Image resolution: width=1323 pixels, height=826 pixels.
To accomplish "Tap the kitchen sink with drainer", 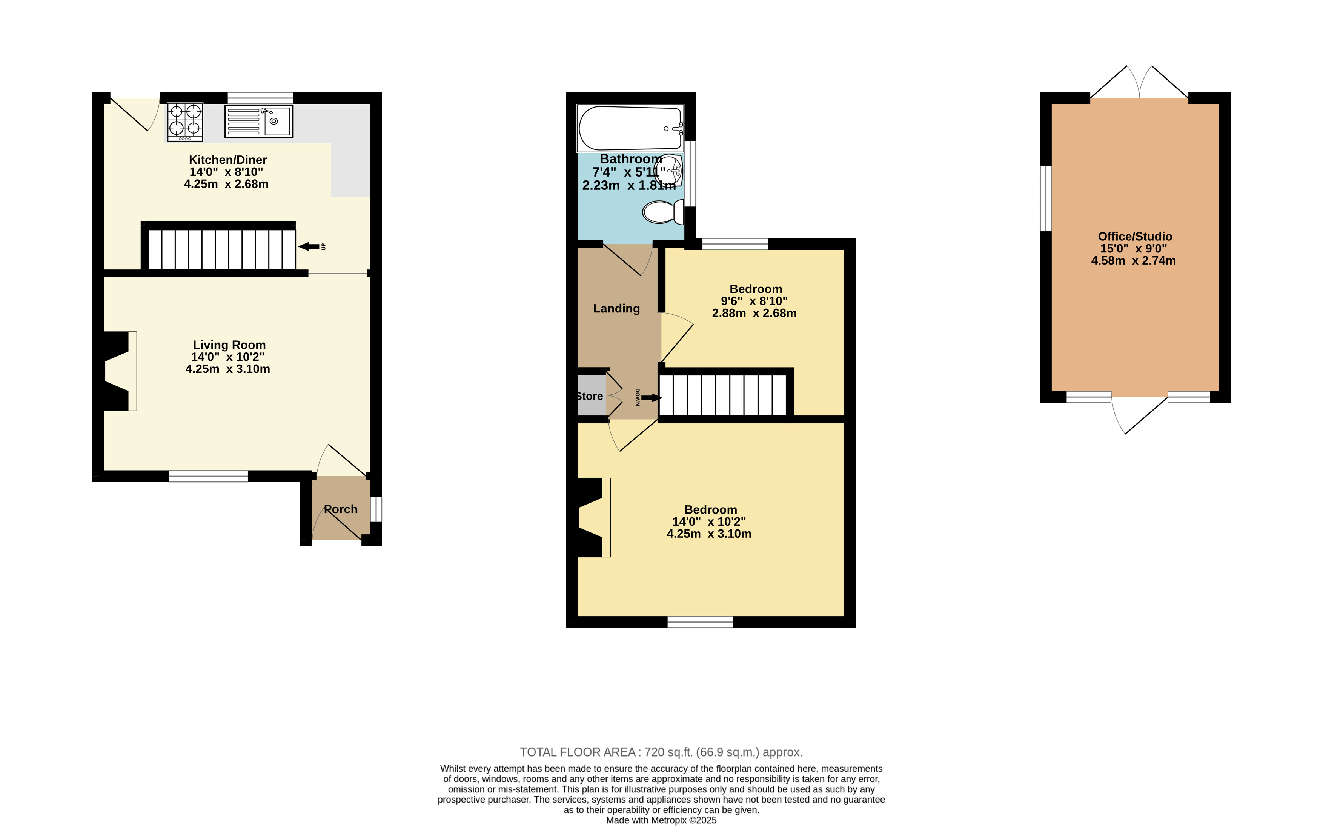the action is (x=259, y=121).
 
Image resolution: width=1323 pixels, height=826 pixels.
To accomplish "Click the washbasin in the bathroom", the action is (x=670, y=171).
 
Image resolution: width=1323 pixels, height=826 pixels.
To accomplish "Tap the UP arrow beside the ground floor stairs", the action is (x=309, y=246).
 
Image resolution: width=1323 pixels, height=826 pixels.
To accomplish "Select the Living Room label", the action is (x=229, y=345).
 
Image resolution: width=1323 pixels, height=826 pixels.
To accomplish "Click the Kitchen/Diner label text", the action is (x=228, y=160).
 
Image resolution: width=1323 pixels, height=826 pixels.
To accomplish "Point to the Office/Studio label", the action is (x=1135, y=237).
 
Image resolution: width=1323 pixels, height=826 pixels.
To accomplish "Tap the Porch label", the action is (x=341, y=509).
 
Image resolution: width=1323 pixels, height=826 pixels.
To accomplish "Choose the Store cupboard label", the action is (x=590, y=396).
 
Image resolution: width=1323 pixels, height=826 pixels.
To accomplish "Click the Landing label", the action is (x=616, y=309).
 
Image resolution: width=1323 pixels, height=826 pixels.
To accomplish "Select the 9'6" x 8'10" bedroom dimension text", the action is (x=754, y=301).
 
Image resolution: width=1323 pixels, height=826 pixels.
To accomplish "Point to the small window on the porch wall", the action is (x=376, y=509).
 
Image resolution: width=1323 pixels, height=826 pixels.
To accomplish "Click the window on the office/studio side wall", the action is (x=1046, y=198).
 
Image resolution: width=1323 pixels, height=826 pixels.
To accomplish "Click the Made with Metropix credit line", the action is (x=661, y=820).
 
